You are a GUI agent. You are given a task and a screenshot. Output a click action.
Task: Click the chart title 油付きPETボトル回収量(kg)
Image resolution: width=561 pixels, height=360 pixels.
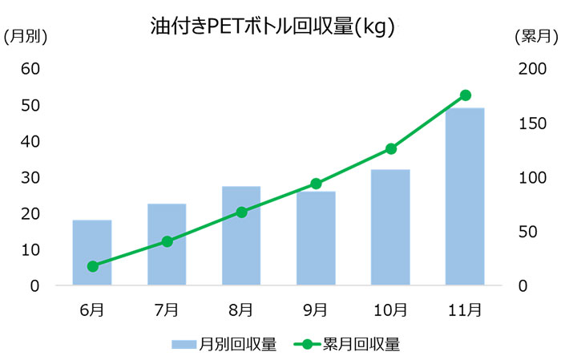[x=272, y=26]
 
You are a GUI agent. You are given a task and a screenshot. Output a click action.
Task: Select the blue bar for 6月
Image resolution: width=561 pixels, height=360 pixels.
[x=92, y=253]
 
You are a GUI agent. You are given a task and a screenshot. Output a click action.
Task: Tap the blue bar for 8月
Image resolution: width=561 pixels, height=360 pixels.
[x=241, y=236]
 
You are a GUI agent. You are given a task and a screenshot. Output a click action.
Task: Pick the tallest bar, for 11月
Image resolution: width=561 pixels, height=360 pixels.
[x=465, y=196]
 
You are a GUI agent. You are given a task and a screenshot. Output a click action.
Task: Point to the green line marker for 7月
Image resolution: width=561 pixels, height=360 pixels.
[x=167, y=241]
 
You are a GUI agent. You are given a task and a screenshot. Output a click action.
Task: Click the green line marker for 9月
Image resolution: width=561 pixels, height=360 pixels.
[x=316, y=184]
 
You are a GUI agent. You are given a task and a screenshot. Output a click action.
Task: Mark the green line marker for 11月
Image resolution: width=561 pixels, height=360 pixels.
[x=465, y=95]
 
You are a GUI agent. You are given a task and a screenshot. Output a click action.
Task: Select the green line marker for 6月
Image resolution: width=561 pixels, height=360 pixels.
[x=92, y=266]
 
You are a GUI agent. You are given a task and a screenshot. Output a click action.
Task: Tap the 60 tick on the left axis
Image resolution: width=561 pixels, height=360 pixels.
[x=30, y=69]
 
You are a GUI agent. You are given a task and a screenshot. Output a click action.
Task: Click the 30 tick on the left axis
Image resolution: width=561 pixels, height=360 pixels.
[x=30, y=177]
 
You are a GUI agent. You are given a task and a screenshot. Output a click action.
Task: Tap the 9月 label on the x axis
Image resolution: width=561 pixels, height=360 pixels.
[x=316, y=308]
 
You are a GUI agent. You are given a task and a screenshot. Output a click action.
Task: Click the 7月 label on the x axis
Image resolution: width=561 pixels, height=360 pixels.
[x=167, y=308]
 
